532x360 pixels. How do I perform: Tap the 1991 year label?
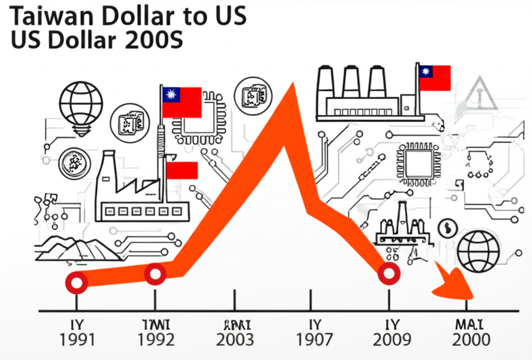77,340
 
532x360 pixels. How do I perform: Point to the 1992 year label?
155,340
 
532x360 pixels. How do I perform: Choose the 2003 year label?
235,340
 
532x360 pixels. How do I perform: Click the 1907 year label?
314,340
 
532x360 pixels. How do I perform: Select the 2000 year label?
471,340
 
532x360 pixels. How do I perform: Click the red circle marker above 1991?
77,283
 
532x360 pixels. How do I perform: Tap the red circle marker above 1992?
155,274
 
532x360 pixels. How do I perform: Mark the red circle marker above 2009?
389,273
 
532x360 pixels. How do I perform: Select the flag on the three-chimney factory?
435,78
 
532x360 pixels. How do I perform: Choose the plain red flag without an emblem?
181,170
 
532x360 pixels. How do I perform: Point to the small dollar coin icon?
446,228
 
